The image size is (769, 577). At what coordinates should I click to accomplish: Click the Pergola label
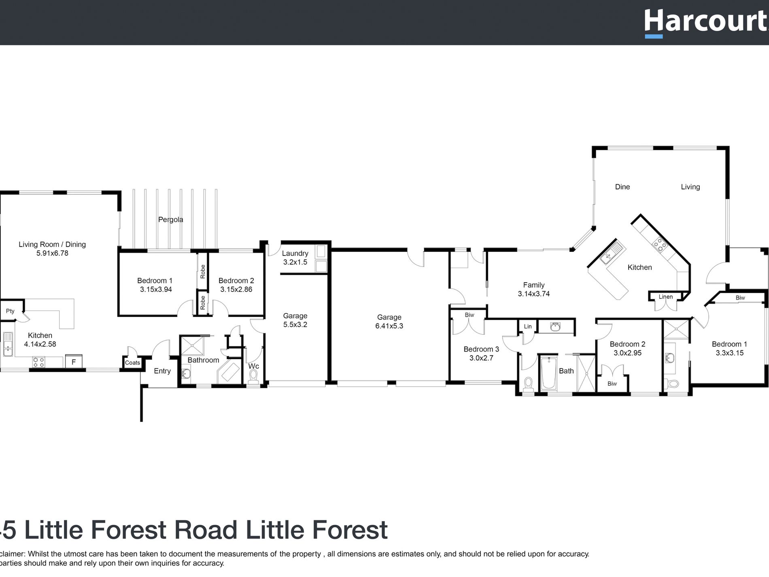[170, 219]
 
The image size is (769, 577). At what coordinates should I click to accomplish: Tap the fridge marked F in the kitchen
[74, 362]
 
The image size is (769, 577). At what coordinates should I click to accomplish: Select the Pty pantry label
[10, 311]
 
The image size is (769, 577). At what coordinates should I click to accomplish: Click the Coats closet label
[132, 362]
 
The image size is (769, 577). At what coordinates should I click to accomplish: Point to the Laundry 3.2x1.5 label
[295, 258]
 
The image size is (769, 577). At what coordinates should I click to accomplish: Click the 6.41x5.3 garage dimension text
[389, 326]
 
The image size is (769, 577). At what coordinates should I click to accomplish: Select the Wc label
[253, 366]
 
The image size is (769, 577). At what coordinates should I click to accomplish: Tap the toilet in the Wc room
[253, 377]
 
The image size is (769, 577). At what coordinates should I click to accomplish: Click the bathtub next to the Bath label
[548, 373]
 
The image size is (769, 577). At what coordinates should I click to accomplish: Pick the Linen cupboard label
[665, 297]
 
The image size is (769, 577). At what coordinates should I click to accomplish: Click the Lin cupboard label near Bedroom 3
[528, 326]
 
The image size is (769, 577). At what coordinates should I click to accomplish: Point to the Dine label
[622, 187]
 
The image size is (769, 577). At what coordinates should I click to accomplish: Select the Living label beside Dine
[690, 187]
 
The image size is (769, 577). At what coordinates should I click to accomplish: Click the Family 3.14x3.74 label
[534, 290]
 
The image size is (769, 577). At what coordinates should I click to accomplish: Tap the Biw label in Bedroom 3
[469, 315]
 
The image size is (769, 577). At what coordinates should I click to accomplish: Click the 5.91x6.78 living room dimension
[52, 253]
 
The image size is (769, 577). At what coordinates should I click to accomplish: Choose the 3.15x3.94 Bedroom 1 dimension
[156, 290]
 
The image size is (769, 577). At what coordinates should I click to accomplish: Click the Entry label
[162, 371]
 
